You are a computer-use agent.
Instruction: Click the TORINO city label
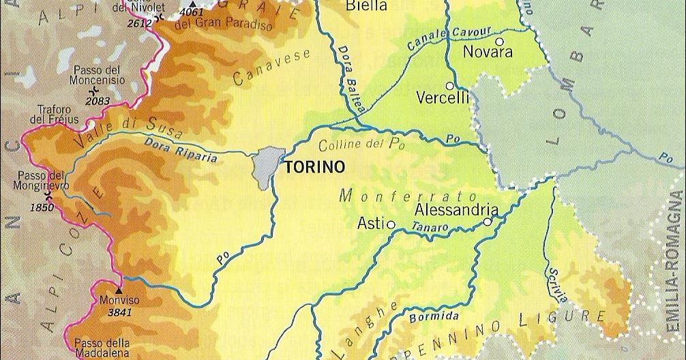tap(314, 166)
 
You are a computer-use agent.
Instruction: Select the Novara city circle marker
tap(500, 42)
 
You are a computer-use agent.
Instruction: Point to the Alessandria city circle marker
tap(488, 222)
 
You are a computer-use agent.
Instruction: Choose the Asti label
tap(371, 223)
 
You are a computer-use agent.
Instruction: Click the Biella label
tap(367, 7)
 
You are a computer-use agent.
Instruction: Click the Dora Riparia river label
tap(180, 149)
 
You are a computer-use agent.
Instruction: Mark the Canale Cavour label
tap(438, 41)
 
